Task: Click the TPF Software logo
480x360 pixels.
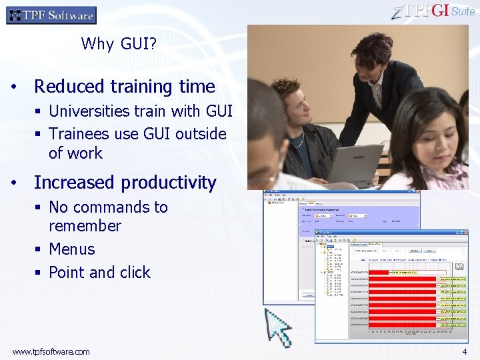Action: pos(51,15)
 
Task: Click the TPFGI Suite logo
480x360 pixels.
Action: pos(434,11)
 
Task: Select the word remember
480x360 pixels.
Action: pos(85,226)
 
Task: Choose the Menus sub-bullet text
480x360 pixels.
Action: pos(72,249)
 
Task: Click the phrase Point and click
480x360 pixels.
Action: pos(99,273)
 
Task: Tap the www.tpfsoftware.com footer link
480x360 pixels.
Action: pos(51,351)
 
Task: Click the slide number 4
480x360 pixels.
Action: pos(464,351)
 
